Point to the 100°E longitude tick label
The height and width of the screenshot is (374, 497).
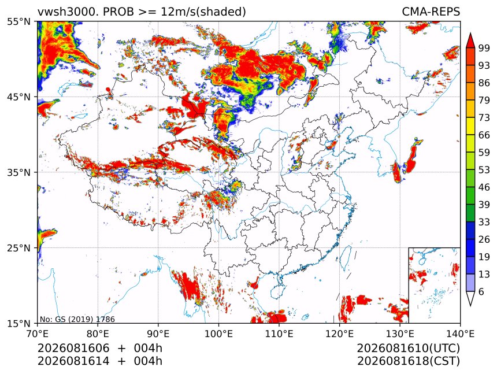pyautogui.click(x=218, y=334)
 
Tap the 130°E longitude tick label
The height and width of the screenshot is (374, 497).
pyautogui.click(x=400, y=334)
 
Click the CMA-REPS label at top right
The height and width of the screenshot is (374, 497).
pyautogui.click(x=431, y=12)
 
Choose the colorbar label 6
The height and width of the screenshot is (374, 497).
pyautogui.click(x=481, y=291)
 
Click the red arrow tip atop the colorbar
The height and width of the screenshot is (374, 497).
pyautogui.click(x=470, y=33)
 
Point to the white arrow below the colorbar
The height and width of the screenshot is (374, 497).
pyautogui.click(x=470, y=299)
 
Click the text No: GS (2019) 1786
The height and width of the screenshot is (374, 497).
pyautogui.click(x=77, y=319)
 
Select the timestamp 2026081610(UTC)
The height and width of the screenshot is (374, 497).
pyautogui.click(x=408, y=348)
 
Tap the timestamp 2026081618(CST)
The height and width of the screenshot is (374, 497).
pyautogui.click(x=408, y=361)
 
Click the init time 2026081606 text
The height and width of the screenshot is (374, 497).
pyautogui.click(x=73, y=348)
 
